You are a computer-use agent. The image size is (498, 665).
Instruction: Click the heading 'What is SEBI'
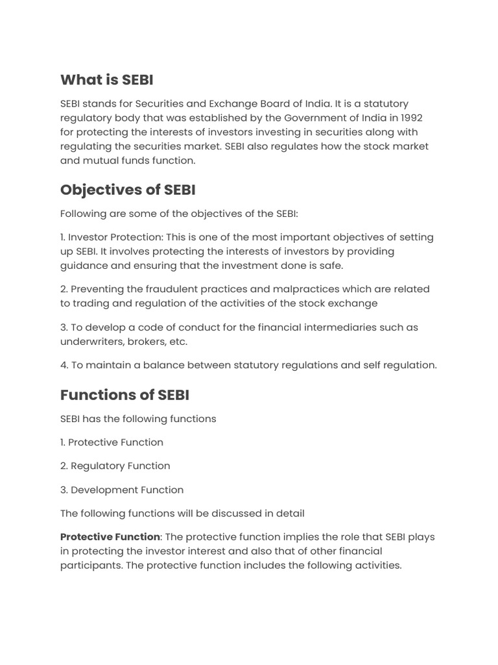[x=107, y=80]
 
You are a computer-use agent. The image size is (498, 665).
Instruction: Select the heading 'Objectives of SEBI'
[x=128, y=190]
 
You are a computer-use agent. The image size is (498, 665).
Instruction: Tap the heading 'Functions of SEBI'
[x=124, y=395]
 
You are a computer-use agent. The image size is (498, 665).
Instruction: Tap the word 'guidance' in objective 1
[x=85, y=265]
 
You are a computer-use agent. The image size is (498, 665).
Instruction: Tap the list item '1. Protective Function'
[x=112, y=442]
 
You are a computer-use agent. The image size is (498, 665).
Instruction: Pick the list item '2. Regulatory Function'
[x=115, y=466]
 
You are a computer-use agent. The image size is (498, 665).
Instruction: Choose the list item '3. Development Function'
[x=122, y=490]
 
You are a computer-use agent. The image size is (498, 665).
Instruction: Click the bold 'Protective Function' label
[x=110, y=537]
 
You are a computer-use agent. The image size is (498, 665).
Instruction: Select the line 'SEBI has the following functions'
[x=138, y=419]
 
